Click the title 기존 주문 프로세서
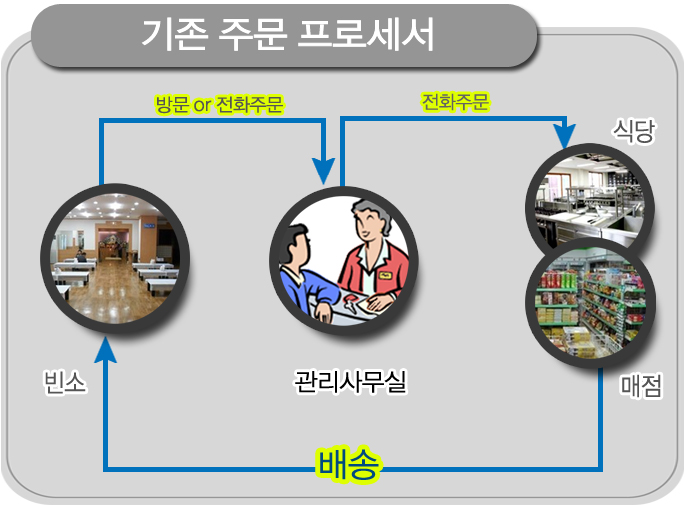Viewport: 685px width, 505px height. (288, 34)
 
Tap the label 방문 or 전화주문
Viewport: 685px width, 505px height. (219, 105)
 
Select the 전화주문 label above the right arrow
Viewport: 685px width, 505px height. (455, 102)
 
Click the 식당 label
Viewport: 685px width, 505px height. (634, 130)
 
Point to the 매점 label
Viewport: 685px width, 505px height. (641, 385)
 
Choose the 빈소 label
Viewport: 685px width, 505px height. (65, 382)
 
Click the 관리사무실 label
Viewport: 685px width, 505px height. (350, 381)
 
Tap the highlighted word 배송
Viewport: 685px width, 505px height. (348, 464)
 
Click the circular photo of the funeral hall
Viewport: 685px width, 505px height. (115, 259)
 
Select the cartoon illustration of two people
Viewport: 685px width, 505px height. (344, 261)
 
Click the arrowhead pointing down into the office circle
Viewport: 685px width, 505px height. (324, 171)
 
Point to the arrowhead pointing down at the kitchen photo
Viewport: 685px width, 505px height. (565, 136)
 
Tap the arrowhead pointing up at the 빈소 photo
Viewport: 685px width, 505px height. (106, 349)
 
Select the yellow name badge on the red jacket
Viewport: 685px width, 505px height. (385, 275)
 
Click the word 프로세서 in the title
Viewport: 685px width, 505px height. (366, 34)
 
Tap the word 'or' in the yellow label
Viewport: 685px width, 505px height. (202, 105)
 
